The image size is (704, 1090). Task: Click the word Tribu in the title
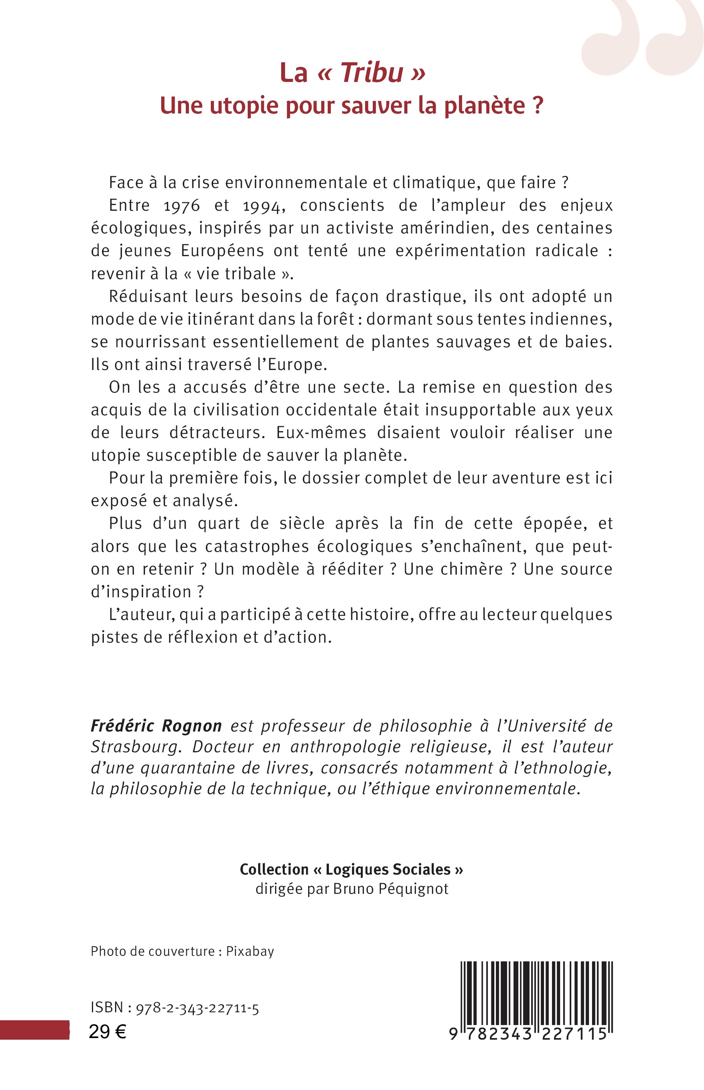click(372, 73)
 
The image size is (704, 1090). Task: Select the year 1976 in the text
click(182, 206)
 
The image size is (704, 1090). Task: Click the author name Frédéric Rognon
click(156, 726)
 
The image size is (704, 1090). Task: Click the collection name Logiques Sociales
click(388, 869)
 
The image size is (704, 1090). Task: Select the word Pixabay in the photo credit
click(250, 951)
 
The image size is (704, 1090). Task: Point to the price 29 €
click(107, 1032)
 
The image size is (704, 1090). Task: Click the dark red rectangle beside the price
click(34, 1029)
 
